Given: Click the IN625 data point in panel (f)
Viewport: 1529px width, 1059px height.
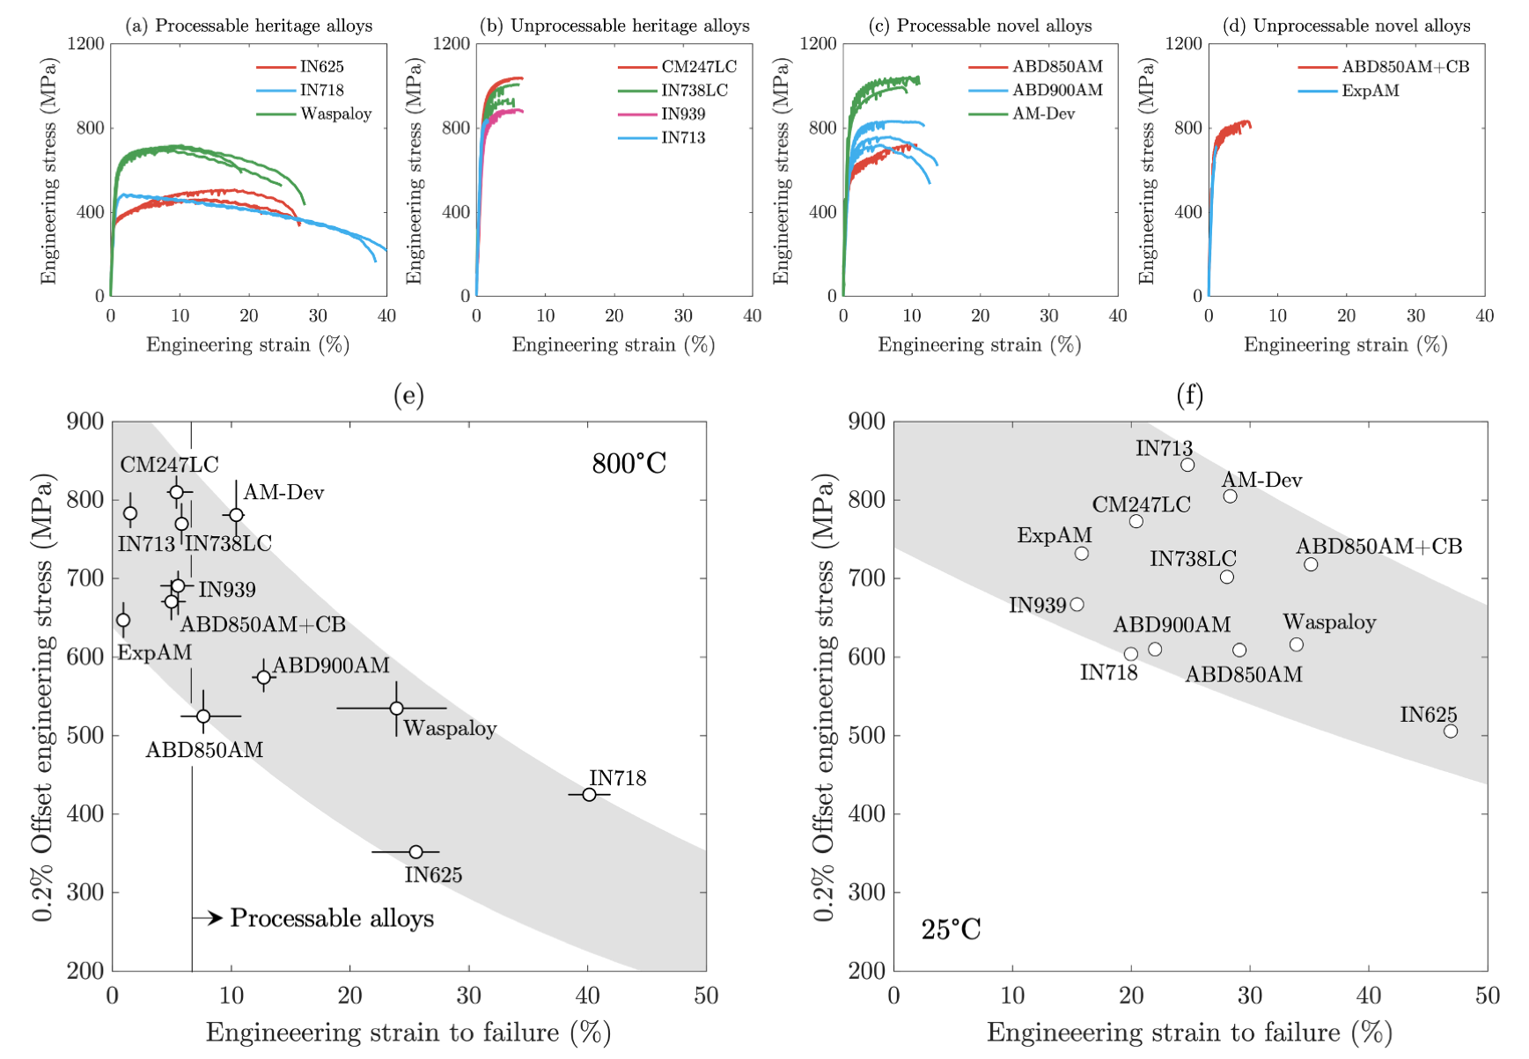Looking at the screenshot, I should tap(1451, 731).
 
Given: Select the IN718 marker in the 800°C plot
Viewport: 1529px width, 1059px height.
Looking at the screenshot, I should tap(589, 794).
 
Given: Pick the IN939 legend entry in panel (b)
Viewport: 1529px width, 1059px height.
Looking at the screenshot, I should tap(683, 114).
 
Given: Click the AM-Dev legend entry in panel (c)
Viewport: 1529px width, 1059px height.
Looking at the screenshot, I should tap(1043, 114).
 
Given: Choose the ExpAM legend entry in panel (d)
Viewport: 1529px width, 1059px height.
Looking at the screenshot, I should tap(1370, 90).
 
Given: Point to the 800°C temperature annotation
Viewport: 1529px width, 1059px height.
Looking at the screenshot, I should tap(629, 463).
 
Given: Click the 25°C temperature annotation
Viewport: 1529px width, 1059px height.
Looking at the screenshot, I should tap(951, 930).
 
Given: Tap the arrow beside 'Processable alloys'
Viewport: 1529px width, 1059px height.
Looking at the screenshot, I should tap(209, 918).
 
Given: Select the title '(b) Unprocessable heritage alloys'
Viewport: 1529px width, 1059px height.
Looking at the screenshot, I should tap(614, 26).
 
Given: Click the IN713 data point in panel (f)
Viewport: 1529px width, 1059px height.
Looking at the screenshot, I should tap(1187, 465).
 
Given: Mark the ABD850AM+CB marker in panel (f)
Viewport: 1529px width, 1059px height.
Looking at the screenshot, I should tap(1311, 564).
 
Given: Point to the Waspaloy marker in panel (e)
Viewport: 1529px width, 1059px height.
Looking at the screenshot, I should tap(396, 708).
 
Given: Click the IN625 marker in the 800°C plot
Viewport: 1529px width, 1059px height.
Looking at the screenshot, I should tap(415, 851).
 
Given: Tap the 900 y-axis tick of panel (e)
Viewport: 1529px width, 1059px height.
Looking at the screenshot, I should tap(85, 422).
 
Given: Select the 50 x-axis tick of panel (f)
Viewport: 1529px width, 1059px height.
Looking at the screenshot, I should tap(1487, 996).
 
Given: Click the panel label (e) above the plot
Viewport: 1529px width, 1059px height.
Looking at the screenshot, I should tap(408, 395).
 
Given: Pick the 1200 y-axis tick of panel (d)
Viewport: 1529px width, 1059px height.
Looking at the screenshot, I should tap(1183, 43).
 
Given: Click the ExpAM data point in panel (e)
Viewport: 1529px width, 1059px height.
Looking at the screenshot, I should tap(123, 620).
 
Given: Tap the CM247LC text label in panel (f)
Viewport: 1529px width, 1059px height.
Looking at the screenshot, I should tap(1141, 504).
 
